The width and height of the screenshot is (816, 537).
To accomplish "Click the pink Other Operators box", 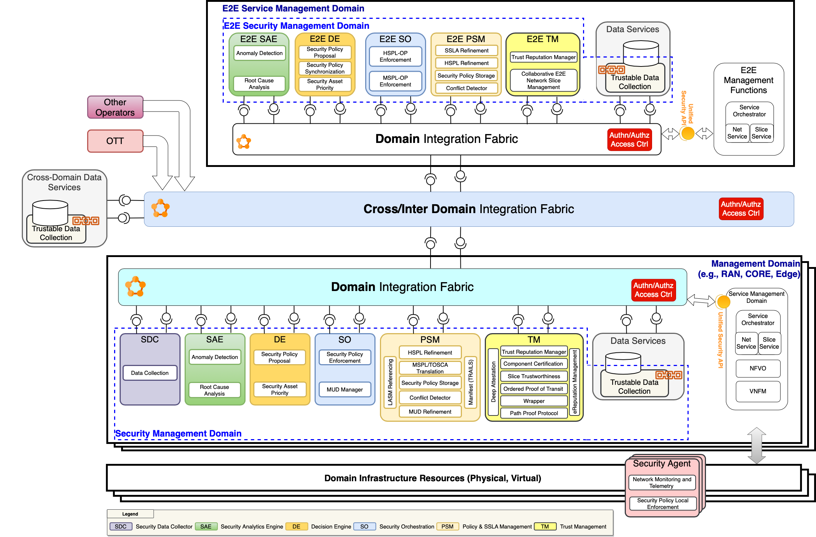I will [115, 107].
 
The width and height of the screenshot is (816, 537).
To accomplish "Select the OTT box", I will [115, 141].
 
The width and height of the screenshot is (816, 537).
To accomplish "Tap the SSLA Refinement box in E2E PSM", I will [466, 51].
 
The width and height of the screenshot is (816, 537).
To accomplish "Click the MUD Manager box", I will [344, 390].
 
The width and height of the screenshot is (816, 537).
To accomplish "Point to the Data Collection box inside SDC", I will [150, 373].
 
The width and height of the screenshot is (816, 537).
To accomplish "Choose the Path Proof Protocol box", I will [534, 413].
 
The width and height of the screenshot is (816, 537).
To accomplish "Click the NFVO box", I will [758, 369].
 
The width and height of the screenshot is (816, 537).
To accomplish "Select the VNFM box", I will [758, 391].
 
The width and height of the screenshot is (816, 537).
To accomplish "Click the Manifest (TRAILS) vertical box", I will [471, 383].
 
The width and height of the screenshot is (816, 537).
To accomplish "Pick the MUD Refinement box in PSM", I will [430, 412].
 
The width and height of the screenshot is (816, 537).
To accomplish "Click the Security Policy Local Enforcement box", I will [662, 504].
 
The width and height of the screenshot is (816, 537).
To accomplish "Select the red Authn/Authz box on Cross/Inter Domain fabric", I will [741, 209].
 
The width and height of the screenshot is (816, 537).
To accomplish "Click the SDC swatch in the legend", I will [121, 527].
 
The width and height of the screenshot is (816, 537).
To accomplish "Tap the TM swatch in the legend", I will [545, 527].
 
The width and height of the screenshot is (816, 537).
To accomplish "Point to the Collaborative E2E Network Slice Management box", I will [543, 81].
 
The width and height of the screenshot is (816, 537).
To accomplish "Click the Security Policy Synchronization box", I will [325, 68].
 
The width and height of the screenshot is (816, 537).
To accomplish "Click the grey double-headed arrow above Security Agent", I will [757, 445].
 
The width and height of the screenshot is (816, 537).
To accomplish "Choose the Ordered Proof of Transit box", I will [533, 389].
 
